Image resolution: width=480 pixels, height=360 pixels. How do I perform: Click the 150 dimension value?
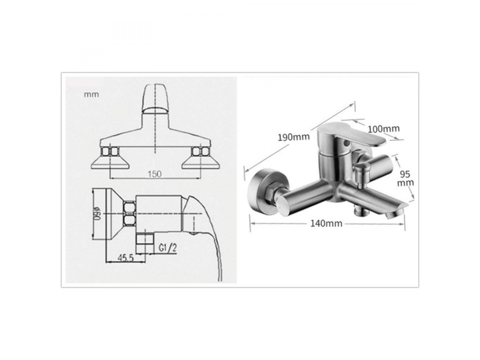[x=155, y=174]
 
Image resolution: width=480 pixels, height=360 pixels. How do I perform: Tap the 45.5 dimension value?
[x=125, y=258]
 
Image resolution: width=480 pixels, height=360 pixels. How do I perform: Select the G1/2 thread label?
[x=168, y=248]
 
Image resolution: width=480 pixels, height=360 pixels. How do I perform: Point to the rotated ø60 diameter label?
[x=98, y=214]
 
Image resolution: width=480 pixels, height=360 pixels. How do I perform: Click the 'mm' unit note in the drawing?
[x=92, y=94]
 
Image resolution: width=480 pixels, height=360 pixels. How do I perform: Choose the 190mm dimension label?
[x=293, y=137]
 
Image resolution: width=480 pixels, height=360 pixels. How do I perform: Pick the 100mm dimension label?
[x=383, y=129]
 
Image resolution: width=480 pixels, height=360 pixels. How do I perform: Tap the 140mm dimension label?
[x=326, y=223]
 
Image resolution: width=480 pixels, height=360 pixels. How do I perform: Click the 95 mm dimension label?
[x=406, y=178]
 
